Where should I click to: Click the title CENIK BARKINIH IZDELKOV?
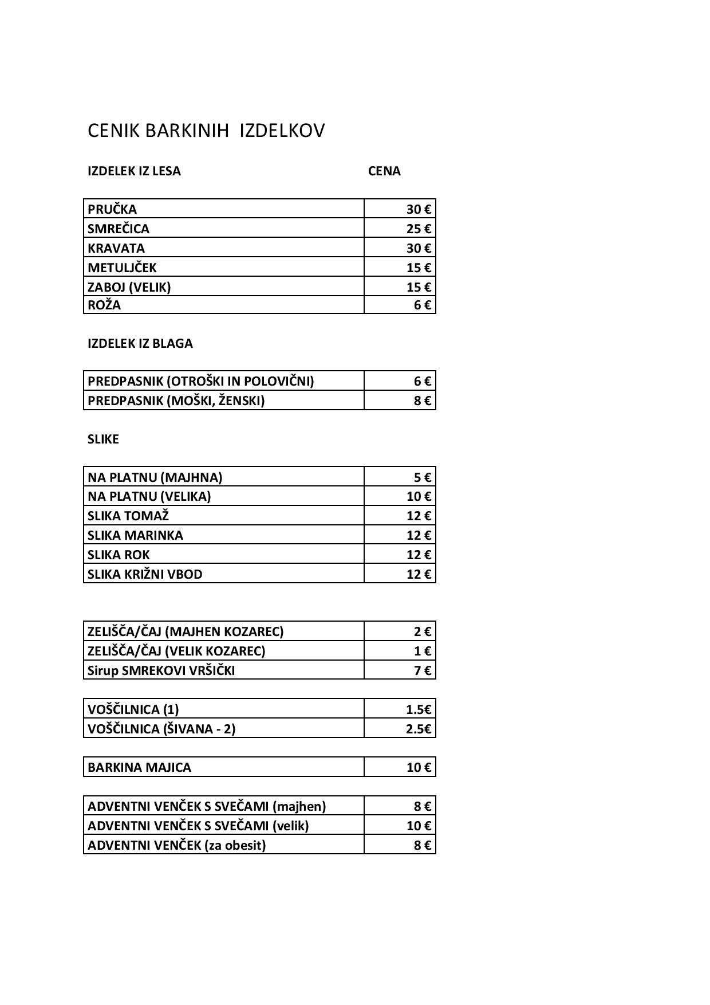coord(206,131)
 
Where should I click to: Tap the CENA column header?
coord(384,171)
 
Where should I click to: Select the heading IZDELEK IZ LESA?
coord(134,171)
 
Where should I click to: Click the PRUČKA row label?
coord(112,209)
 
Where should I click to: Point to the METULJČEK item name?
coord(122,268)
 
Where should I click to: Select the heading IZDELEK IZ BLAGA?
coord(140,343)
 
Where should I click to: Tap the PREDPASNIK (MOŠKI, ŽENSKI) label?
coord(176,401)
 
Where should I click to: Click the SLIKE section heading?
coord(103,439)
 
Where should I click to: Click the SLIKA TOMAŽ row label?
coord(128,516)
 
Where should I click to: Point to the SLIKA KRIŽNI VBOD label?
coord(145,574)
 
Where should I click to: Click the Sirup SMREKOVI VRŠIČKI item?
coord(161,670)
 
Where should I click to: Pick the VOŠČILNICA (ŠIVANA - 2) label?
coord(161,729)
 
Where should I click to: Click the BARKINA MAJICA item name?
coord(139,767)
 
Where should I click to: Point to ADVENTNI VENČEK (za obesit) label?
coord(176,845)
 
